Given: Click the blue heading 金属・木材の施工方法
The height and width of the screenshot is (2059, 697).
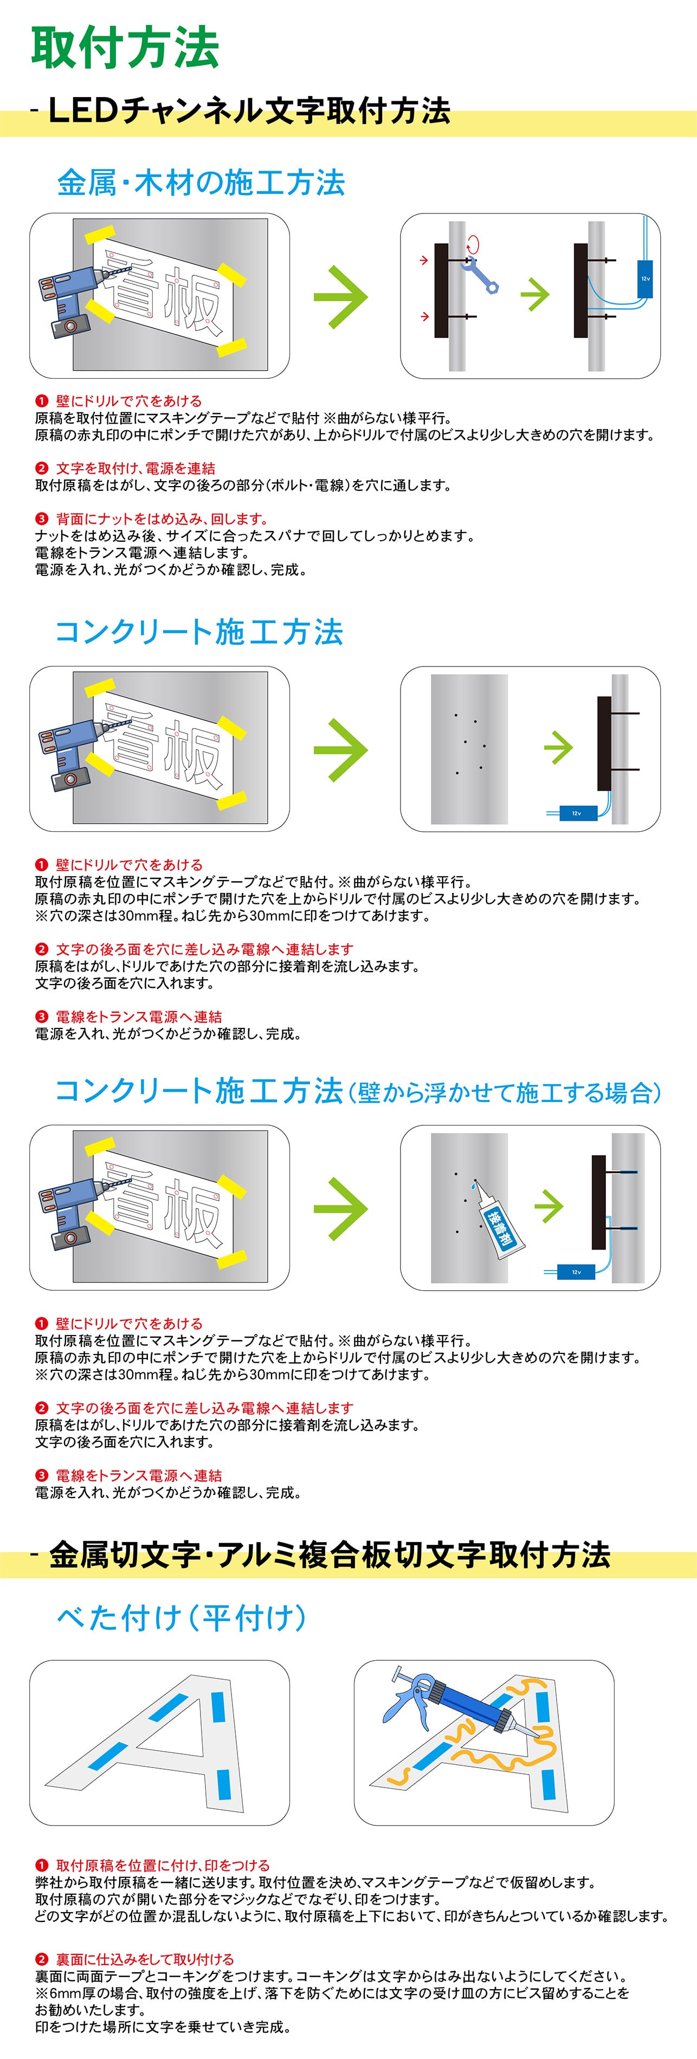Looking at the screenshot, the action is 201,183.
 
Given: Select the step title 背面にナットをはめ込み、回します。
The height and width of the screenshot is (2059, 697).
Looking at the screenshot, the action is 162,519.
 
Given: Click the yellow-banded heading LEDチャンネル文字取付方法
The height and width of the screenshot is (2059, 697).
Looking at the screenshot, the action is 249,111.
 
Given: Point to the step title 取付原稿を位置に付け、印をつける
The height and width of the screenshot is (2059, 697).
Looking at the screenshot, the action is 162,1865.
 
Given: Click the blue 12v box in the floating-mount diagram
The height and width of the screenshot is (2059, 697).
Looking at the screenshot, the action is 576,1271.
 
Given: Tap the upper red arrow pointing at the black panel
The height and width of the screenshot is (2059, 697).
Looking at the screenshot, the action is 424,260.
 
